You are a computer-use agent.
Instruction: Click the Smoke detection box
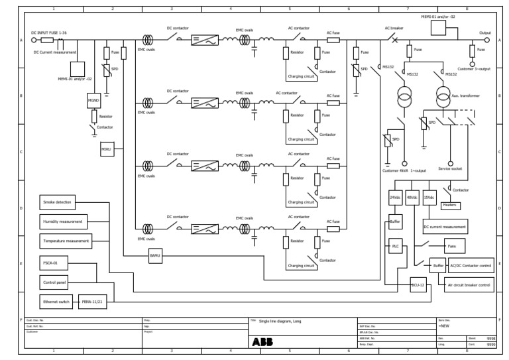57,202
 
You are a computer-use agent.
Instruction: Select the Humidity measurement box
63,221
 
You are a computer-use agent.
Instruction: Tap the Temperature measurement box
65,241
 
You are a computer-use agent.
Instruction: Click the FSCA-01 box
50,263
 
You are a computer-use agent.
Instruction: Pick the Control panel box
53,282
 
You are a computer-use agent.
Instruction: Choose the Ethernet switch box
56,301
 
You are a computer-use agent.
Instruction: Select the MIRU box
107,150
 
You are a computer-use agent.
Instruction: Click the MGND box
93,101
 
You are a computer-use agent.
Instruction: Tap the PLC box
396,246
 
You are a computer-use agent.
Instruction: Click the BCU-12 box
418,285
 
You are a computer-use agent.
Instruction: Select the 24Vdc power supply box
395,198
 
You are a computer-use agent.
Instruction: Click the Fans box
455,246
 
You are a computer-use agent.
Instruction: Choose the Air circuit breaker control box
470,285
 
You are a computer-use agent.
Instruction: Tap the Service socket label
451,170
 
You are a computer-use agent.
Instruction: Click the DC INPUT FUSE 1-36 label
50,32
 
